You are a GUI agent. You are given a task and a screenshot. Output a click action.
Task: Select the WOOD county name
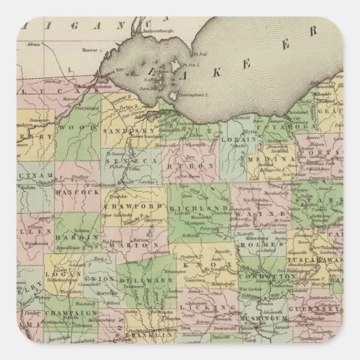point(71,127)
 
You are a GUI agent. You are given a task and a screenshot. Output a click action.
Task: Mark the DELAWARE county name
point(139,278)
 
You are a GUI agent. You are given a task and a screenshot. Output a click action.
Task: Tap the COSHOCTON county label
point(271,276)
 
